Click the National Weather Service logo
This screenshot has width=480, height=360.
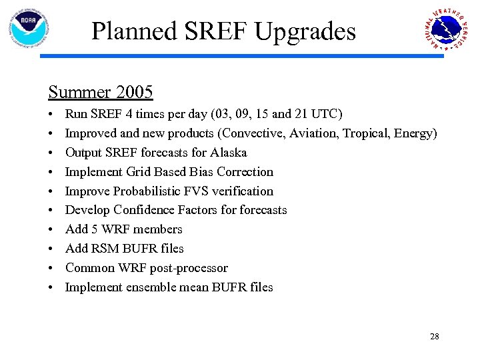[445, 29]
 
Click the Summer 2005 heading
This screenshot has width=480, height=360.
[100, 91]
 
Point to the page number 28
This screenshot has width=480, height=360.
[434, 337]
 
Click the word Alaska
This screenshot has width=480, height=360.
[229, 153]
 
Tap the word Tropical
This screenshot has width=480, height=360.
[366, 133]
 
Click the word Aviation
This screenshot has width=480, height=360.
[313, 133]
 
